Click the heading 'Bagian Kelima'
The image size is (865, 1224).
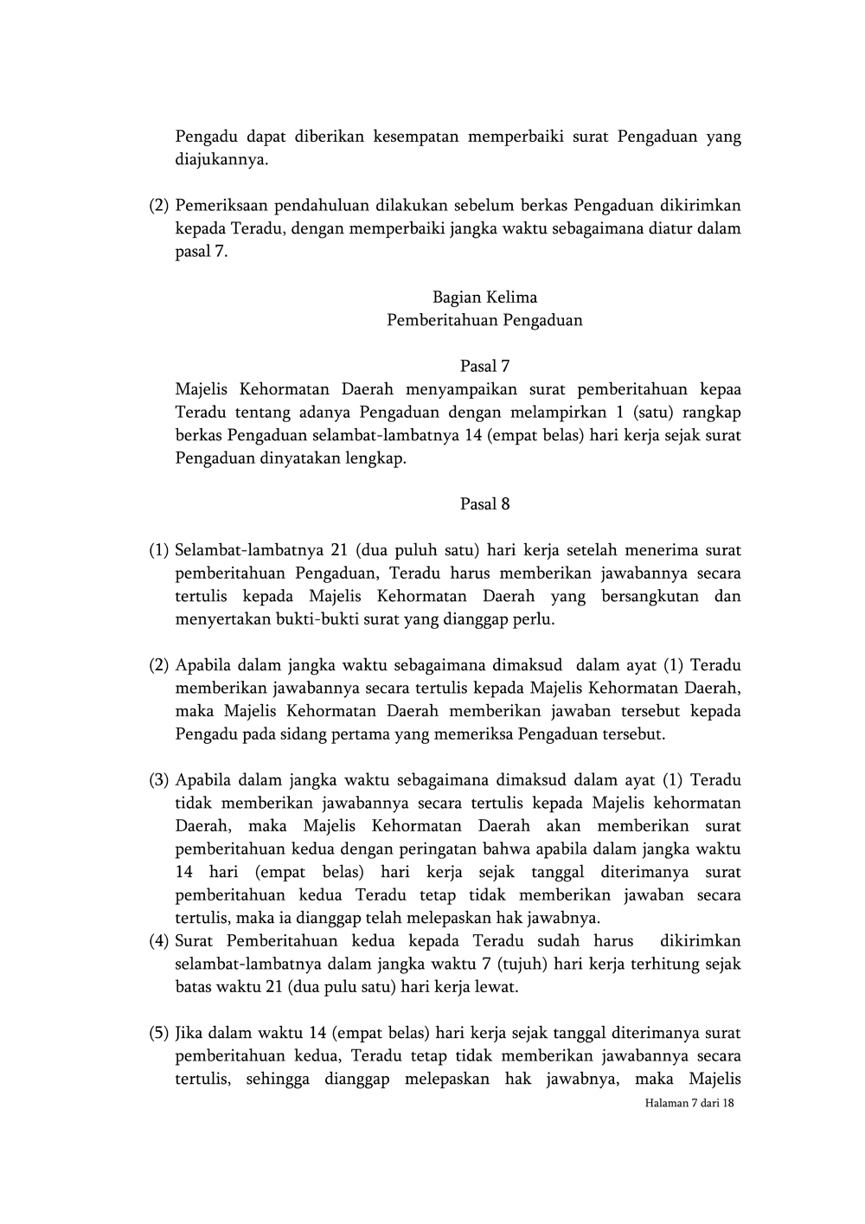[x=484, y=298]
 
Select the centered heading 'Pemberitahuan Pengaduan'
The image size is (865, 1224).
[x=484, y=321]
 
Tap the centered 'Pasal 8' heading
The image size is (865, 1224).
[x=484, y=504]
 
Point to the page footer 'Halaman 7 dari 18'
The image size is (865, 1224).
[x=689, y=1104]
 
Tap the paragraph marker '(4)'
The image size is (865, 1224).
[x=158, y=941]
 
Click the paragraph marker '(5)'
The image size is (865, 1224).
[x=158, y=1033]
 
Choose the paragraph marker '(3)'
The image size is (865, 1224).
[x=158, y=780]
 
